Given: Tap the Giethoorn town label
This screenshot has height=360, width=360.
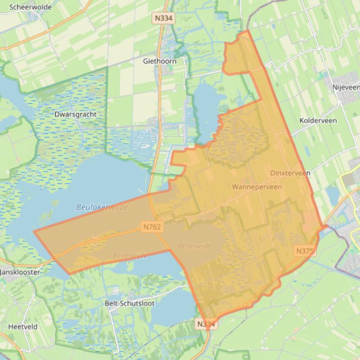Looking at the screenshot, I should click(160, 61).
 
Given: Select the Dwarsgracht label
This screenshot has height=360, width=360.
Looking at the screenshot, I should click(75, 114).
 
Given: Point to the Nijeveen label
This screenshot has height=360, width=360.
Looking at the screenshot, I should click(346, 87).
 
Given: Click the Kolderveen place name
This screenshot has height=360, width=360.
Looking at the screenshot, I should click(318, 120).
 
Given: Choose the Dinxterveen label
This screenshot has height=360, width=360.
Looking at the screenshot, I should click(290, 173).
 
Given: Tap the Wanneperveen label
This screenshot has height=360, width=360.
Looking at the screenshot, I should click(257, 187).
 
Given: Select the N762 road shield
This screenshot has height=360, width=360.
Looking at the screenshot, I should click(152, 227).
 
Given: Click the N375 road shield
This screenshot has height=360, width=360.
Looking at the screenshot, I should click(305, 251).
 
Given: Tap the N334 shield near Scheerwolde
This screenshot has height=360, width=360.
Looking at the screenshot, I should click(163, 18).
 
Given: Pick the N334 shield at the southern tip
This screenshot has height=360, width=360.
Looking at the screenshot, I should click(206, 324).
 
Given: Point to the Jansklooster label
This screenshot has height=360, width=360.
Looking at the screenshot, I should click(20, 272).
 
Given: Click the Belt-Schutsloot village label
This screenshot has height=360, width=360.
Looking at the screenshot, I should click(130, 303).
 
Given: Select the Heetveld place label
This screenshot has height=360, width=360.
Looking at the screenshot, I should click(22, 327).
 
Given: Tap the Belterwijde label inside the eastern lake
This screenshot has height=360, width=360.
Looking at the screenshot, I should click(195, 246).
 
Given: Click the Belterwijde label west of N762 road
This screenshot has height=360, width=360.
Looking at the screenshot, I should click(130, 255).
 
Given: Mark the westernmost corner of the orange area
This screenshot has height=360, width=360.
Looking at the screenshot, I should click(34, 231).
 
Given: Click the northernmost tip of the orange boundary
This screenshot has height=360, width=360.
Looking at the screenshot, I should click(248, 31).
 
